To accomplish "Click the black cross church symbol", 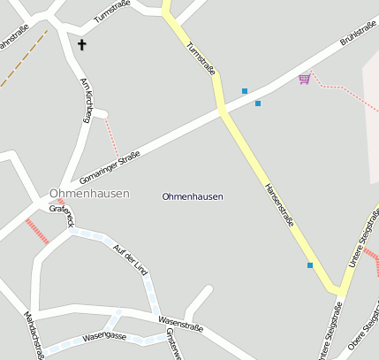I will (x=82, y=43).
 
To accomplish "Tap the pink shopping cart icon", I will (x=305, y=79).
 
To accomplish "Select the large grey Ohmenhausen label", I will (x=89, y=193).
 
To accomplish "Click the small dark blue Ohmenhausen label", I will (x=193, y=196).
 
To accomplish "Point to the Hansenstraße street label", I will (x=279, y=208).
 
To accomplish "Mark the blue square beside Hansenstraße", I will (x=310, y=264).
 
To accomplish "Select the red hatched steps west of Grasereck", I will (x=37, y=232).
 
